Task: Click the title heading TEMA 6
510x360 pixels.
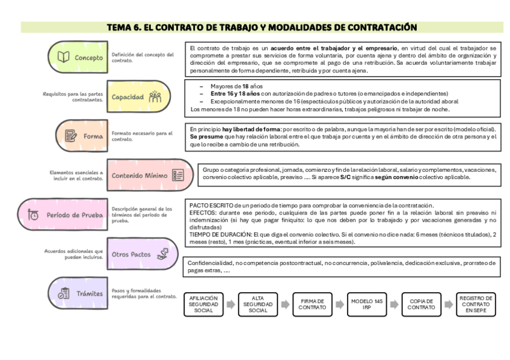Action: [x=262, y=27]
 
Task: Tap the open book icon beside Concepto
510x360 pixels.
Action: [x=63, y=58]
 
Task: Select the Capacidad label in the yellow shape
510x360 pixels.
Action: [x=127, y=96]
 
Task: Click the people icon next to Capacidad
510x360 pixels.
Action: [x=155, y=96]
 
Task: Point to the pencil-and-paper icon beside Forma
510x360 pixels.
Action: [x=70, y=136]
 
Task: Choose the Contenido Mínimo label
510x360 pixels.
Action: [x=139, y=175]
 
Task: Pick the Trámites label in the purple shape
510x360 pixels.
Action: [x=89, y=294]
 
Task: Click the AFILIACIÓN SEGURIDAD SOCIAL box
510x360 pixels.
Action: [x=204, y=305]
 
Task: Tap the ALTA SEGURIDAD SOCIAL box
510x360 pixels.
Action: [x=258, y=305]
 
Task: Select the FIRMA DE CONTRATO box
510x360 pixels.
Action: [x=313, y=305]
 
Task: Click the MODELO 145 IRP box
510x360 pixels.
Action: [x=367, y=305]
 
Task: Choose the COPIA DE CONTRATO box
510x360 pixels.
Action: [x=422, y=305]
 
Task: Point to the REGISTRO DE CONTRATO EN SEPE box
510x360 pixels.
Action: [x=476, y=305]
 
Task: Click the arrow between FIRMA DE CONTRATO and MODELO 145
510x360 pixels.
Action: [x=340, y=305]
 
